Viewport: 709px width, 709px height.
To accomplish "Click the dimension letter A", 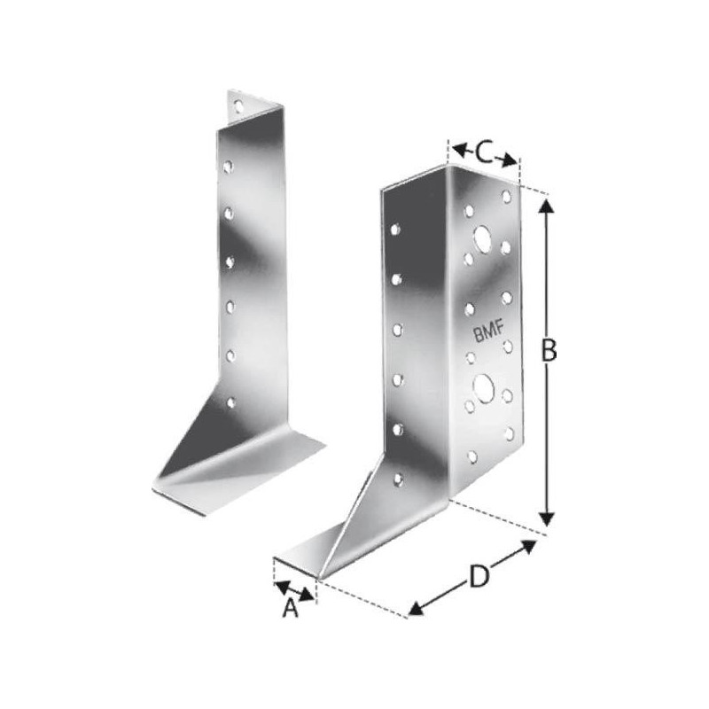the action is (x=291, y=608).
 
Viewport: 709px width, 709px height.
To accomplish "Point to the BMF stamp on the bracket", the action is (x=488, y=333).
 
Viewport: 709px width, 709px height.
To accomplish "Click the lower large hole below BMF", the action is (x=483, y=388).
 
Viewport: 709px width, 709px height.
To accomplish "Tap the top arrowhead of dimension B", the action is (x=547, y=207).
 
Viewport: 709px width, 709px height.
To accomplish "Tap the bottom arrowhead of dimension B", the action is (x=547, y=518).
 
